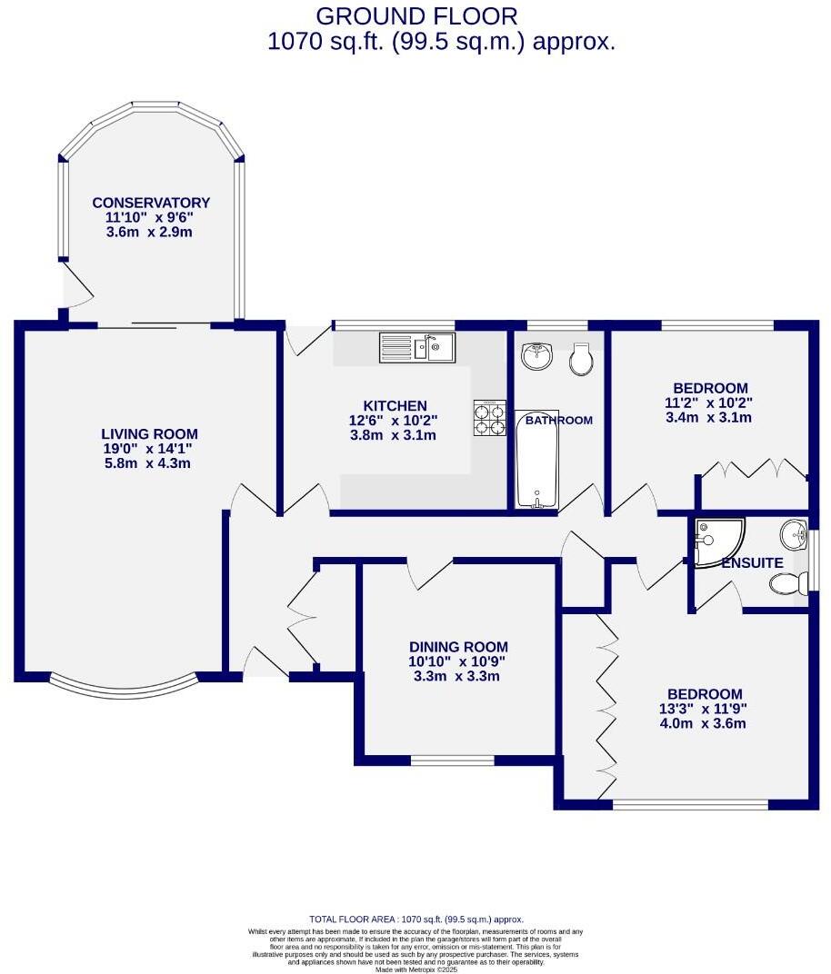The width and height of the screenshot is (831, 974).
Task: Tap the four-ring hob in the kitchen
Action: click(489, 418)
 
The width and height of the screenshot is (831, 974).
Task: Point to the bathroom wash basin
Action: click(538, 355)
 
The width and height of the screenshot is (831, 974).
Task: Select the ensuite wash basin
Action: click(794, 534)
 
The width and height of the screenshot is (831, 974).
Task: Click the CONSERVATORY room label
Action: click(151, 203)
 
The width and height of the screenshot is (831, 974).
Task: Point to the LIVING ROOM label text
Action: click(149, 433)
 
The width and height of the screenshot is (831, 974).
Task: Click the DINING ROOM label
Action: click(458, 647)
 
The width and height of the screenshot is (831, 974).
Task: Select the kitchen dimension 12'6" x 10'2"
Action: click(395, 420)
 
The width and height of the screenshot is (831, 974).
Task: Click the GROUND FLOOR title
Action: click(416, 15)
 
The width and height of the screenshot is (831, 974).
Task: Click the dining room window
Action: click(452, 760)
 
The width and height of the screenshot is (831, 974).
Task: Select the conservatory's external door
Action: click(76, 289)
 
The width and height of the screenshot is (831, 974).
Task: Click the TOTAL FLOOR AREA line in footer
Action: click(416, 919)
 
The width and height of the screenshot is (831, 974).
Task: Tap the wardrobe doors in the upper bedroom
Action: click(753, 470)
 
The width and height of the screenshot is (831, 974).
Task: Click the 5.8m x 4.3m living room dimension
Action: click(149, 462)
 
